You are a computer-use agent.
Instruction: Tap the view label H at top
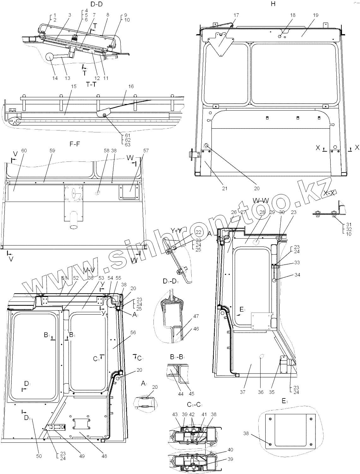[x=273, y=4]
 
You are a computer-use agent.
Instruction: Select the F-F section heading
[x=75, y=144]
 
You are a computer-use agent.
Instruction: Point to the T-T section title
[x=92, y=84]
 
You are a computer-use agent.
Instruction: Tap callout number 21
[x=225, y=189]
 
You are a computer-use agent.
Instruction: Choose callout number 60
[x=24, y=151]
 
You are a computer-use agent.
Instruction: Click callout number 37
[x=242, y=392]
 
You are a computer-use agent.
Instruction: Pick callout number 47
[x=196, y=316]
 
